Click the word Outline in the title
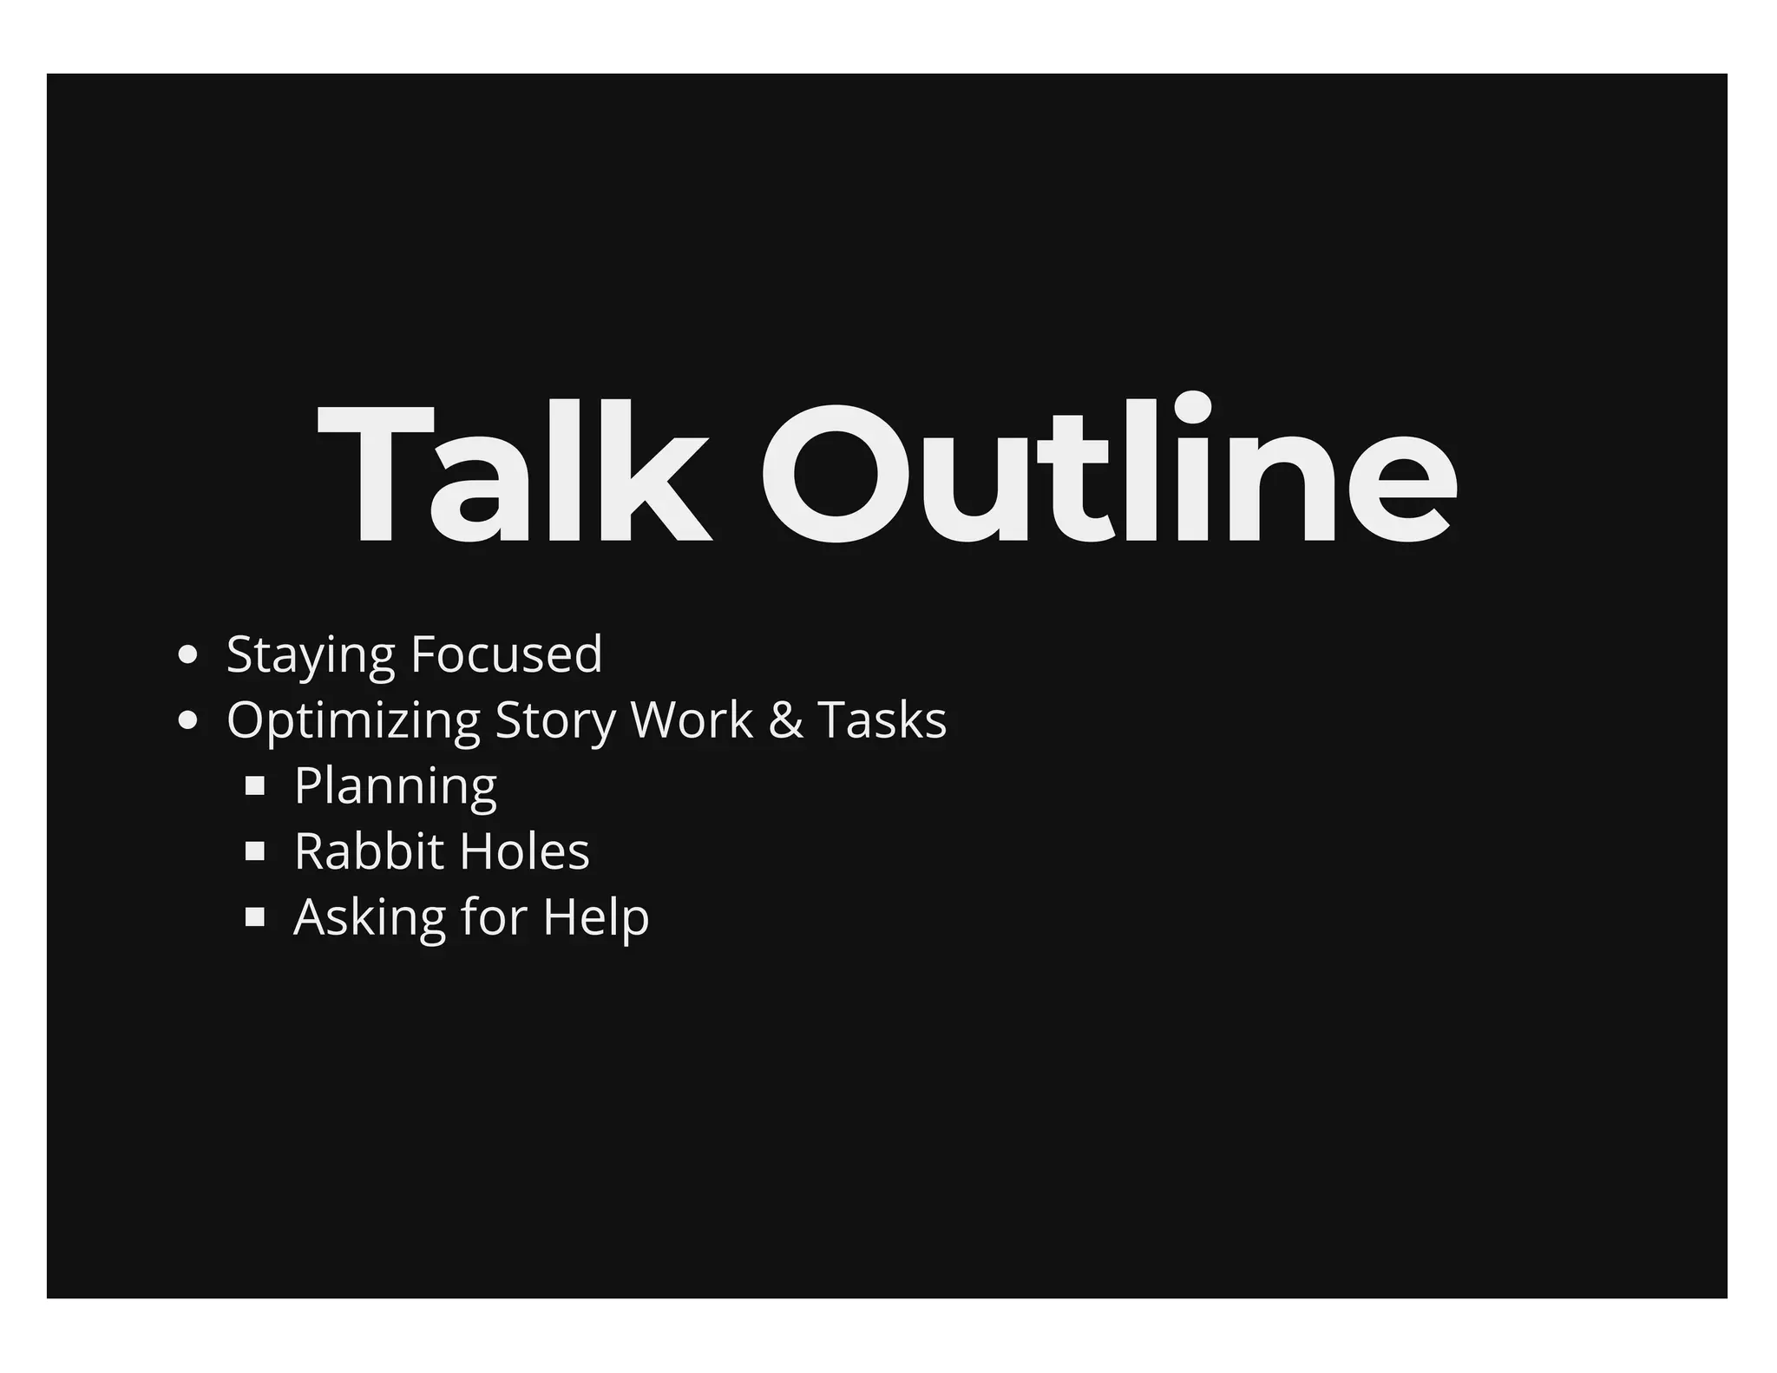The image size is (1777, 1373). pos(1109,473)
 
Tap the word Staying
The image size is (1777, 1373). pos(310,655)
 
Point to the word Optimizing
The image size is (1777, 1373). pos(353,721)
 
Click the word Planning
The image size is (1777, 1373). pos(396,787)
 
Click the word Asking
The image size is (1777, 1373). pos(369,918)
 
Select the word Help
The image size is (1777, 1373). pos(595,918)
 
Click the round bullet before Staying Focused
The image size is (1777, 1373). pos(187,655)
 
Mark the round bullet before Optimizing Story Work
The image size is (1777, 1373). pos(187,721)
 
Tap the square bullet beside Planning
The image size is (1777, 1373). pos(255,786)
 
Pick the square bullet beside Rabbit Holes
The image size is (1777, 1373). pos(255,851)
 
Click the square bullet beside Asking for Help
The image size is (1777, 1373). pos(255,917)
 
